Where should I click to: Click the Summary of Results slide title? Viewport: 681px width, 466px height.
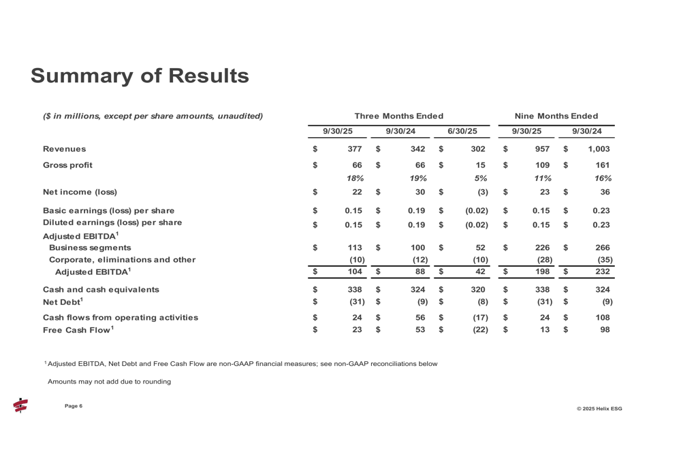140,76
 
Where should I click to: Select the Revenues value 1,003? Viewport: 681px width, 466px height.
597,148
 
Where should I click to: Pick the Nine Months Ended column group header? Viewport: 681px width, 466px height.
557,116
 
